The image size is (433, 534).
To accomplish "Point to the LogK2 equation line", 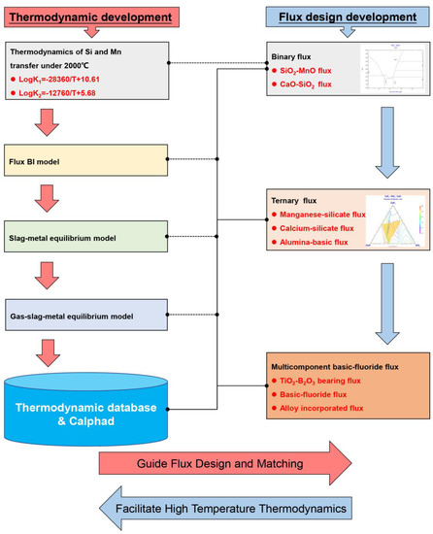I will pos(73,98).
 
